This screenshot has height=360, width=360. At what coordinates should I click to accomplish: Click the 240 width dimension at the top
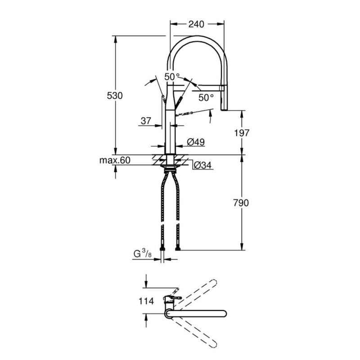pos(196,24)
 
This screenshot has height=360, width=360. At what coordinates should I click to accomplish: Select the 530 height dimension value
pos(115,95)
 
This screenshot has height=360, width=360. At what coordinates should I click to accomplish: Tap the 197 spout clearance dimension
pos(242,133)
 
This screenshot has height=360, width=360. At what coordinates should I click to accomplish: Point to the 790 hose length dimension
pos(241,203)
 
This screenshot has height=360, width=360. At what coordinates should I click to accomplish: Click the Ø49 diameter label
pos(196,142)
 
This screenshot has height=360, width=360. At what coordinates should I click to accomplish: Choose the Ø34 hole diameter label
pos(202,165)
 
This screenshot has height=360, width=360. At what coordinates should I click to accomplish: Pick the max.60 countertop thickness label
pos(115,160)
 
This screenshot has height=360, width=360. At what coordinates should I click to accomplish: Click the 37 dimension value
pos(146,121)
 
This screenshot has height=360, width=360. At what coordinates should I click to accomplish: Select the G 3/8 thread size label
pos(142,254)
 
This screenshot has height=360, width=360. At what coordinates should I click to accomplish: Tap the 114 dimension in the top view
pos(146,301)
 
